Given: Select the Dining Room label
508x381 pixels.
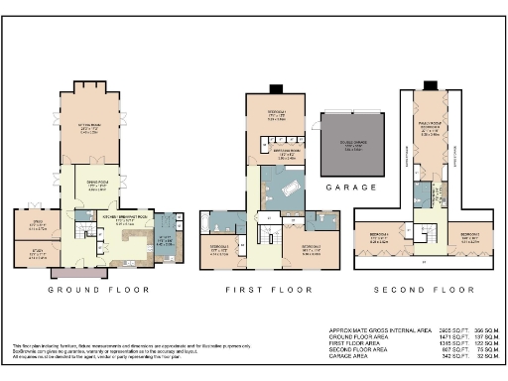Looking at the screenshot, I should [x=96, y=186].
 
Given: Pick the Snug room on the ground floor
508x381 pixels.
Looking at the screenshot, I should [x=37, y=223].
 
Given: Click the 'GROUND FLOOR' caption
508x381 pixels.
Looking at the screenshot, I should [x=99, y=290].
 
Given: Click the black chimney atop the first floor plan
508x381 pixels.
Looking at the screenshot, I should [x=274, y=91].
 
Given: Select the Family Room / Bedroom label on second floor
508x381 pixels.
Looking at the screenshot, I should [x=429, y=129].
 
